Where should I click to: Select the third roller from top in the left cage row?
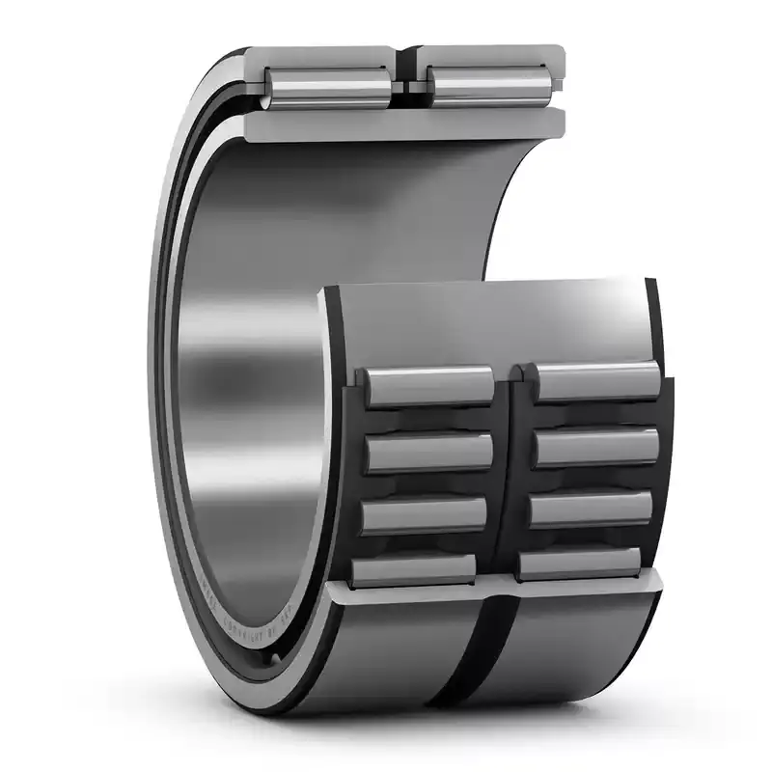click(425, 513)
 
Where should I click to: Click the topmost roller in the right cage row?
click(597, 381)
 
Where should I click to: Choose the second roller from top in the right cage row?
click(593, 447)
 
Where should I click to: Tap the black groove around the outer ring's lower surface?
click(482, 656)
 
